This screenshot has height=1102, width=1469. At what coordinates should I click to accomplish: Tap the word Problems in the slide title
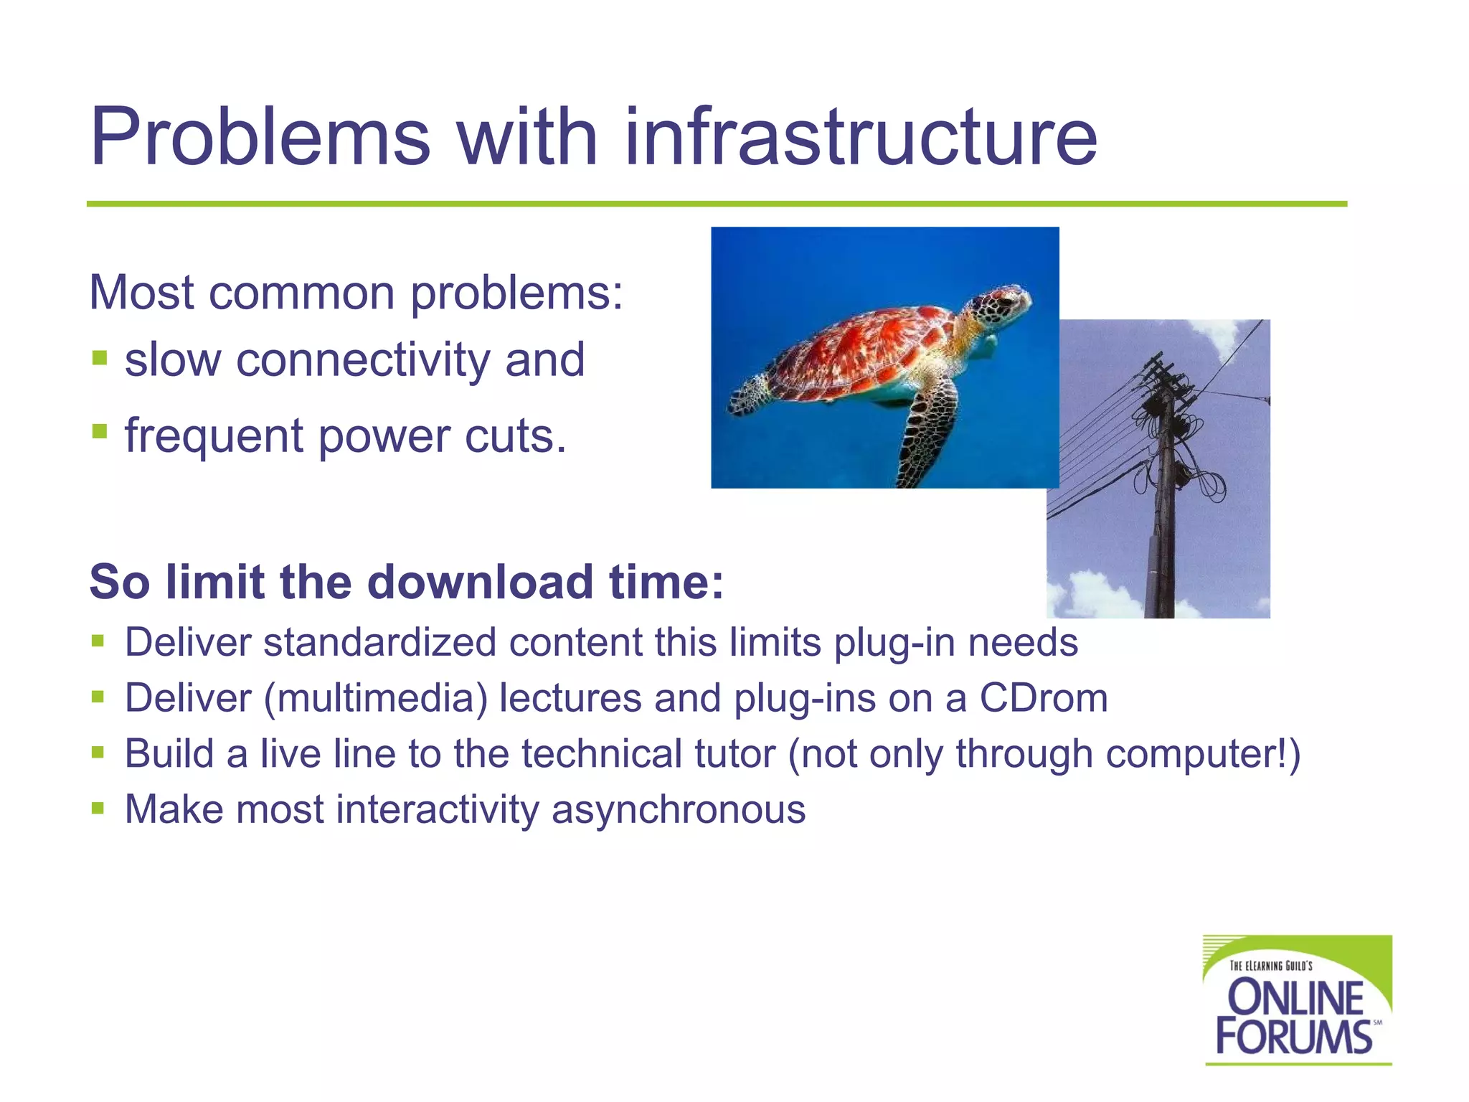260,138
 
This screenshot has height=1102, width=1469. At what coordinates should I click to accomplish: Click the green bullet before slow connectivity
100,357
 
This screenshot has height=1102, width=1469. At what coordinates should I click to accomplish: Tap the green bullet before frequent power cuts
100,432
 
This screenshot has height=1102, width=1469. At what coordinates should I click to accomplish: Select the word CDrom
1044,698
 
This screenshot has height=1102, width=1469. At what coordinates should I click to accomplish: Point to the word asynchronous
679,809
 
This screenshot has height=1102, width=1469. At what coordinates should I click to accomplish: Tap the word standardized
379,642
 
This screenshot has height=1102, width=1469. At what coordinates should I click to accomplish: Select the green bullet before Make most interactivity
98,809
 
